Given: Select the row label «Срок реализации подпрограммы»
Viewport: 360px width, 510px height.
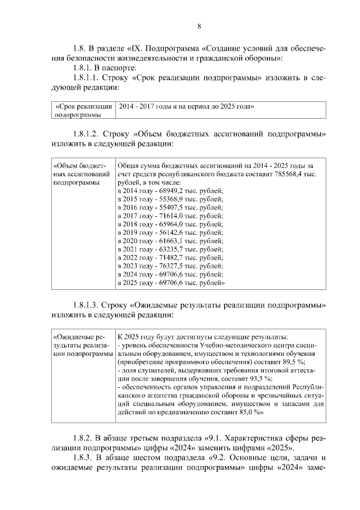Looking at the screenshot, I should (82, 110).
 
